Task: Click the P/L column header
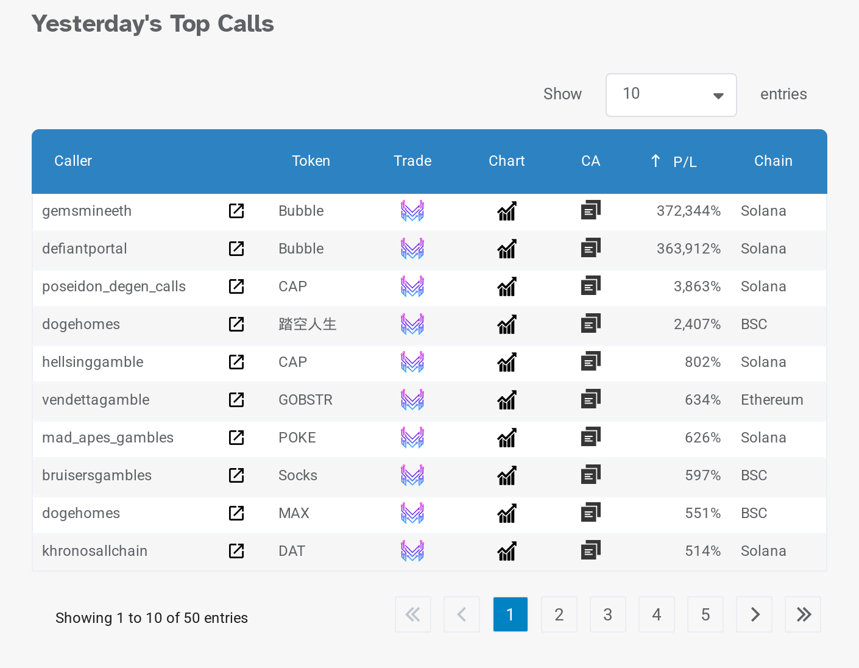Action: tap(684, 162)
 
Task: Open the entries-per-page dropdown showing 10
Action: tap(671, 94)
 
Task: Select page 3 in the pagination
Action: tap(607, 614)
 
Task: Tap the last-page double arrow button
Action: tap(803, 614)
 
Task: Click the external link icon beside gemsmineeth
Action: tap(236, 211)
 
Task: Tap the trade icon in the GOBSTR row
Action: tap(412, 400)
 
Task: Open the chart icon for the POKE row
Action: tap(507, 438)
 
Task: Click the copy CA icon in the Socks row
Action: tap(590, 474)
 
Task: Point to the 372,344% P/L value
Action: tap(688, 211)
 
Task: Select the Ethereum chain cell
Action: tap(772, 400)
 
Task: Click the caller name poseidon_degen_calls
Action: tap(114, 286)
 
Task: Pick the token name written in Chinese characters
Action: tap(308, 324)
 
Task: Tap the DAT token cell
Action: tap(292, 551)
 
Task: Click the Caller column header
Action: tap(73, 161)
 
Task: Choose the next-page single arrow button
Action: tap(754, 614)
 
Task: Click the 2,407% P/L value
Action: tap(697, 324)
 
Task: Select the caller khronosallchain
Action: tap(94, 551)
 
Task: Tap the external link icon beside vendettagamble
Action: tap(236, 400)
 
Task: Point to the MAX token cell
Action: tap(294, 513)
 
